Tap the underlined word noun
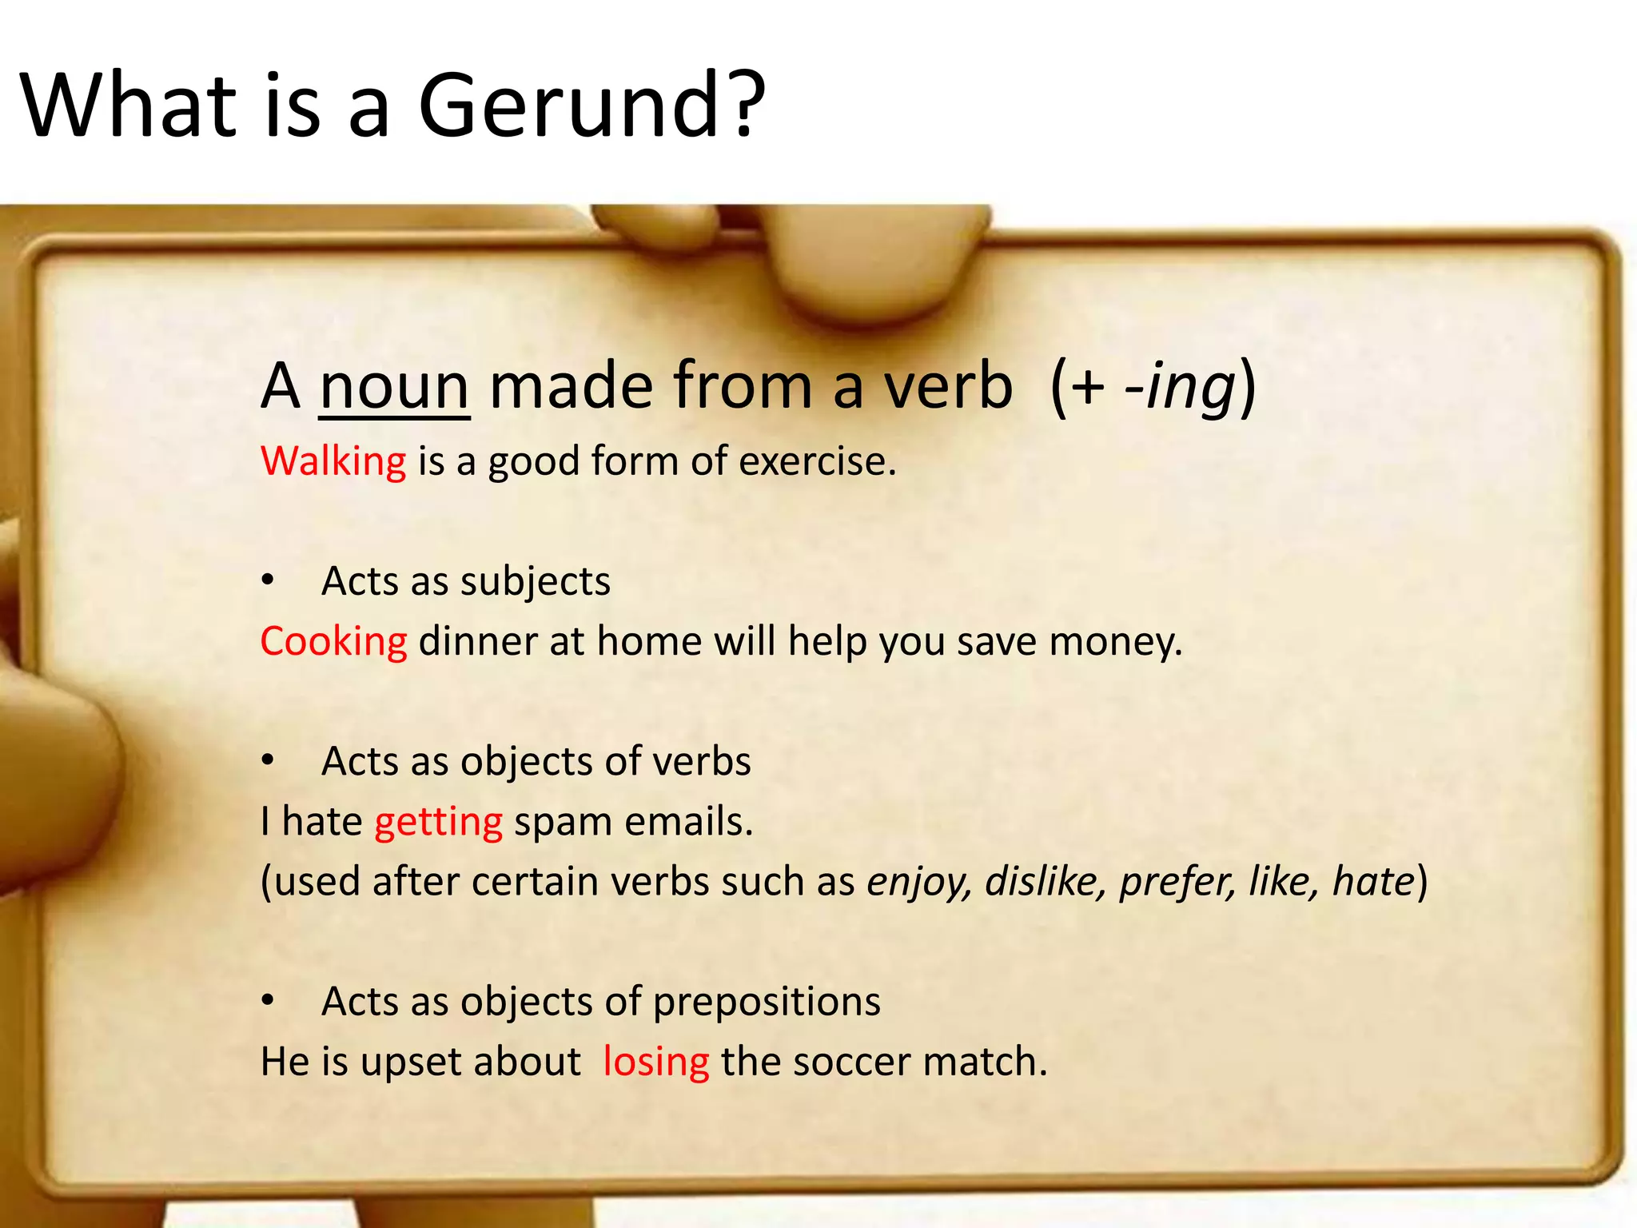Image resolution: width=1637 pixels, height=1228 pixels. [394, 387]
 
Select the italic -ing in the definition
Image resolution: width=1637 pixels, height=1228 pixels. [1180, 387]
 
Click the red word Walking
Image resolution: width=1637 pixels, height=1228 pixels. [333, 461]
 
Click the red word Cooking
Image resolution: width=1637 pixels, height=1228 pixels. [333, 641]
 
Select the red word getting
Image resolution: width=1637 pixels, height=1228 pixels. [438, 822]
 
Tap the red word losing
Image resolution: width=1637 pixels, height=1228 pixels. [655, 1062]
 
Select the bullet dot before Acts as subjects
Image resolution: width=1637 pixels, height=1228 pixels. [269, 580]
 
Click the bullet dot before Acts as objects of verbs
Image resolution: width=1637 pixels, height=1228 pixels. [269, 760]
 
